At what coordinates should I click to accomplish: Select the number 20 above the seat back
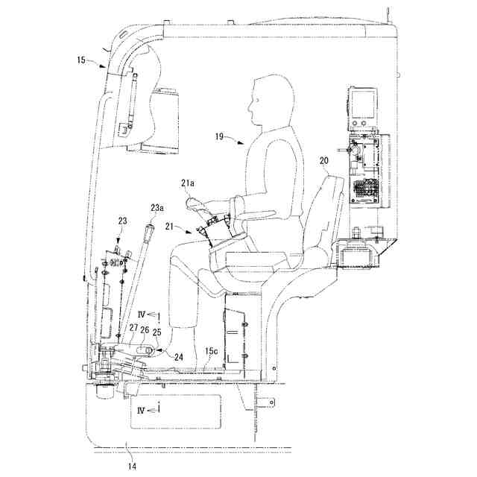point(323,160)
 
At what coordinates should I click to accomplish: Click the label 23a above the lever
point(157,208)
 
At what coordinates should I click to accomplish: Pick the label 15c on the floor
point(212,350)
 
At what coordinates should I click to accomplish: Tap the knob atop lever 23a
point(151,232)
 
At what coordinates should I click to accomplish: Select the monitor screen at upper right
point(364,104)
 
